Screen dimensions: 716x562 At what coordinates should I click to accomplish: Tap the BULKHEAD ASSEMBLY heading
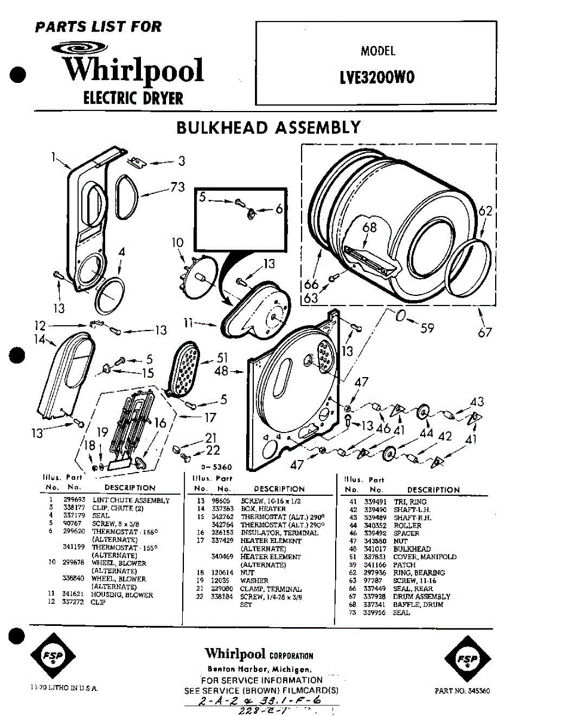coord(268,128)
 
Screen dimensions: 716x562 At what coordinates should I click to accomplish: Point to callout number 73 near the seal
coord(177,187)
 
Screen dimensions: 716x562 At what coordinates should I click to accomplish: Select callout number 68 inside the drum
coord(370,227)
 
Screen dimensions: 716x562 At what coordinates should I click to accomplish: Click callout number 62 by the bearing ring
coord(486,211)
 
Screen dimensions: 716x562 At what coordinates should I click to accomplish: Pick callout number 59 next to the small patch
coord(426,327)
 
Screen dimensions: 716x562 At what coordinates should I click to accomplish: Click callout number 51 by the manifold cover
coord(222,358)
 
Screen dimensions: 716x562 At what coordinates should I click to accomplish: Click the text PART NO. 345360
coord(462,690)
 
